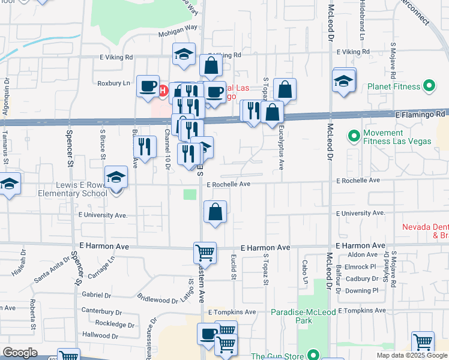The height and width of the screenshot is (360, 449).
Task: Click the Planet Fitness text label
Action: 395,86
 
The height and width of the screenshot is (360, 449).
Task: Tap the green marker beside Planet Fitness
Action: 429,86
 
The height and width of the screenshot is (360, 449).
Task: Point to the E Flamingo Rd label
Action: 420,113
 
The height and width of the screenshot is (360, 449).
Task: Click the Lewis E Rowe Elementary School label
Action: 73,190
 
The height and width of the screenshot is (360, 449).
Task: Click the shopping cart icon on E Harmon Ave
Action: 205,253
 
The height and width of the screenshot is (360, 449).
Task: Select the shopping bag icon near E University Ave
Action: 215,212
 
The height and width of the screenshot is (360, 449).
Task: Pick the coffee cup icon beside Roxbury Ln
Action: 147,87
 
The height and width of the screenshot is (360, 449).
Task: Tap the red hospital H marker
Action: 162,91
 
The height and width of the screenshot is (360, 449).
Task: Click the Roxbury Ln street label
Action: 113,83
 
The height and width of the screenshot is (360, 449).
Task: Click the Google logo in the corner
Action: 20,353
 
